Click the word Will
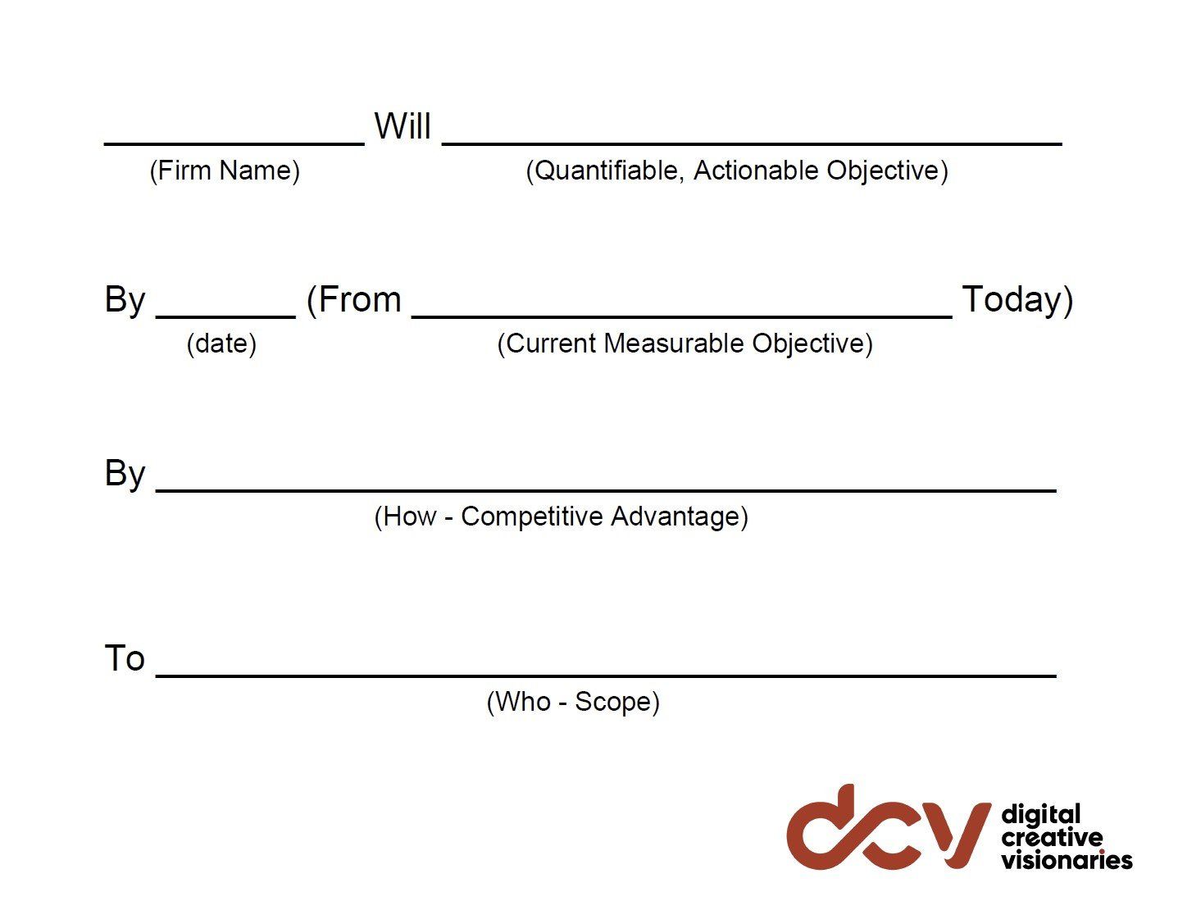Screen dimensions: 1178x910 (x=402, y=127)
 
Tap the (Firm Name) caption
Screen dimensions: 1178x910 (x=224, y=171)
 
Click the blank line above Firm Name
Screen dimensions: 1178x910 (x=234, y=143)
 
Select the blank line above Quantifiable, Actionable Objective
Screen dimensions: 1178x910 (x=752, y=143)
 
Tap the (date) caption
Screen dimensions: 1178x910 (x=221, y=344)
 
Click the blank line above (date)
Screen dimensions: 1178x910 (x=225, y=316)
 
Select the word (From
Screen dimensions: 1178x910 (x=353, y=300)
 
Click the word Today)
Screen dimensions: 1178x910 (x=1017, y=300)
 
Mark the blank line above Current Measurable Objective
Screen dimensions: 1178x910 (x=682, y=316)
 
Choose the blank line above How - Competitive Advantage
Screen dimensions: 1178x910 (x=605, y=490)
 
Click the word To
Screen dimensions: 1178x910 (x=125, y=658)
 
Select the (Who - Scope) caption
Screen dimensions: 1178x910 (x=573, y=702)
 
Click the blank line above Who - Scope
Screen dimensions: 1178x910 (x=605, y=676)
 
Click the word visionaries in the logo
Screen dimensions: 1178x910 (x=1067, y=860)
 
